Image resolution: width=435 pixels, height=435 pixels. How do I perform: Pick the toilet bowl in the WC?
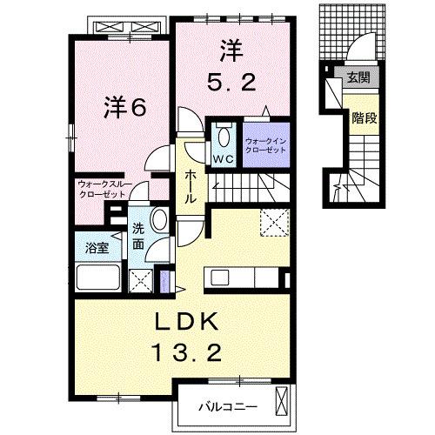224,137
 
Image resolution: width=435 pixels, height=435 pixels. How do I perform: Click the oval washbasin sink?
159,218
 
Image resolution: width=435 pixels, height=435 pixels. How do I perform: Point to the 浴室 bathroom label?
97,248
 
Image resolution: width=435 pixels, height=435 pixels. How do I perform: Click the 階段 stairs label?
364,117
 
